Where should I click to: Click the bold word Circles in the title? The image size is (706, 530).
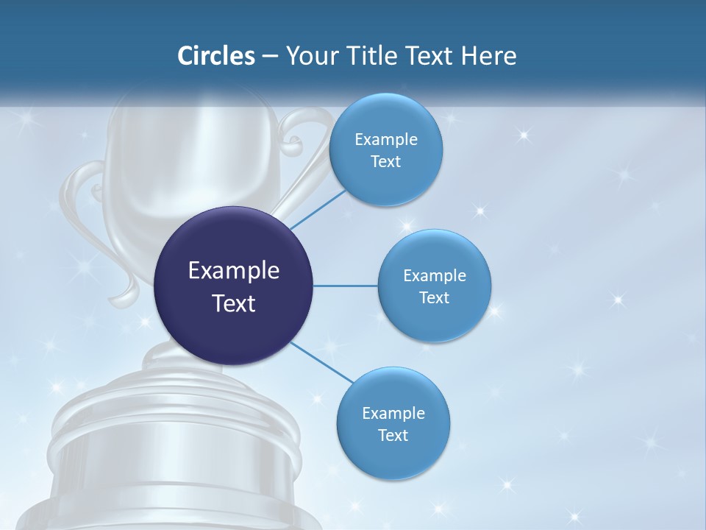(x=216, y=56)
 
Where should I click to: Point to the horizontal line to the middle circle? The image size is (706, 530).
(x=346, y=286)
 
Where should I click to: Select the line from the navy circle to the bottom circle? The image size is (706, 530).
(x=321, y=361)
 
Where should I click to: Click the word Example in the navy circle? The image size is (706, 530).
(x=234, y=271)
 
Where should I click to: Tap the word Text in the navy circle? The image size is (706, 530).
(x=234, y=303)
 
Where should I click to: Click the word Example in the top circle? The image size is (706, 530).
(x=386, y=140)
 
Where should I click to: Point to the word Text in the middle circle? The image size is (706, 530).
(x=435, y=297)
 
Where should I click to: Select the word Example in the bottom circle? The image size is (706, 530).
(x=393, y=413)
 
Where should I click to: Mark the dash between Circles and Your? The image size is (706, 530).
(x=270, y=57)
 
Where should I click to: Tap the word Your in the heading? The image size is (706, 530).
(x=308, y=56)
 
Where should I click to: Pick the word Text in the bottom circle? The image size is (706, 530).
(x=393, y=435)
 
